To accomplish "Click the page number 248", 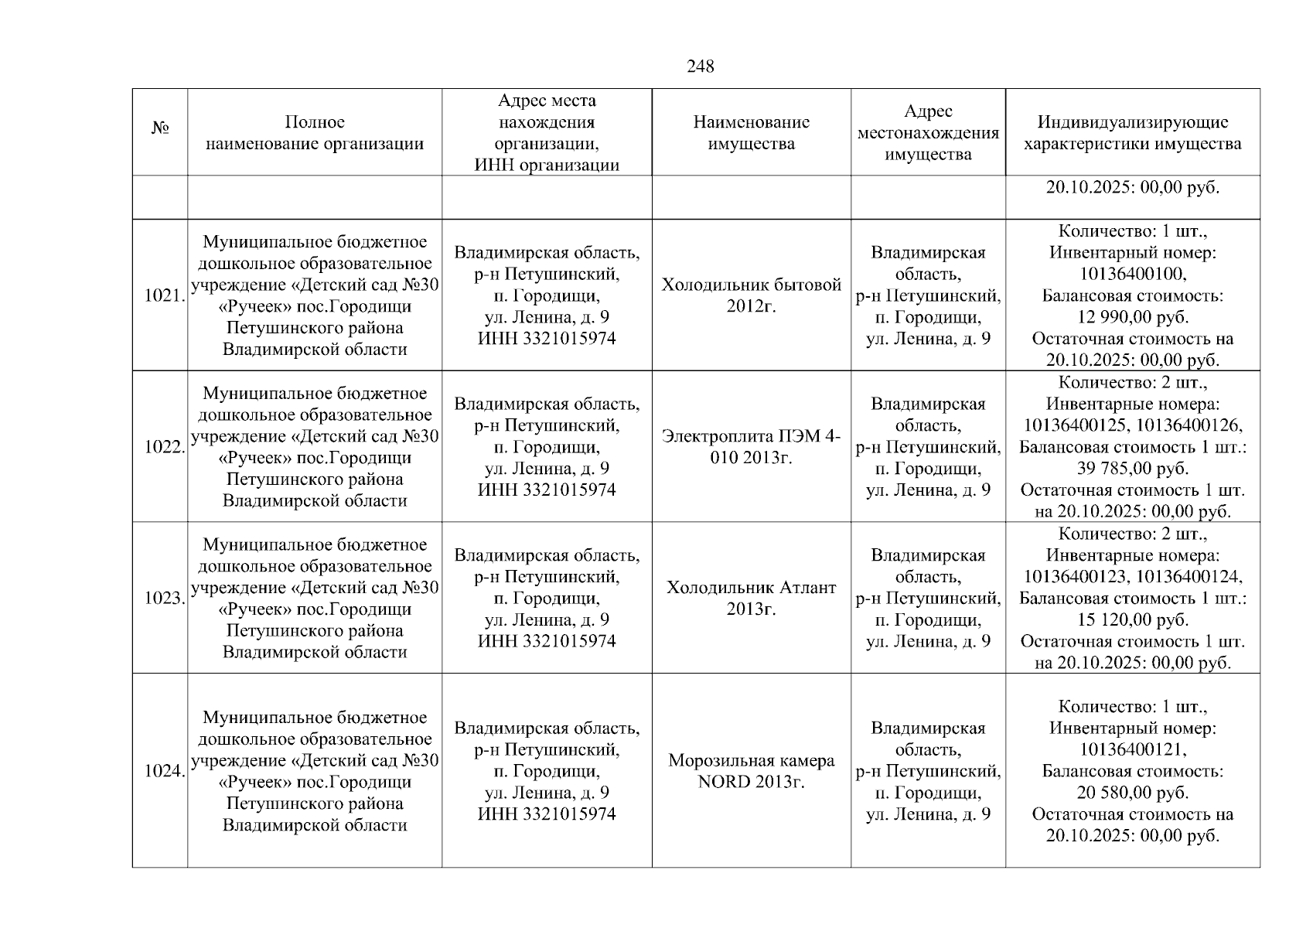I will (701, 67).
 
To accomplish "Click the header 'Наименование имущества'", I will (751, 133).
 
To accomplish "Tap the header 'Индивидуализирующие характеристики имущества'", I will (1132, 133).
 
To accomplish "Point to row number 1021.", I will (164, 295).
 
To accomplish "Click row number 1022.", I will (164, 447).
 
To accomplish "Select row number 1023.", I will (164, 598).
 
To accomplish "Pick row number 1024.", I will (164, 771).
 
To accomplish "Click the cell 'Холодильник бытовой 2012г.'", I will (751, 295).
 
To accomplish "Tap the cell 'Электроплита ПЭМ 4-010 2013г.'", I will (751, 447).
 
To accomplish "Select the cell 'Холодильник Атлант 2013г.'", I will (751, 598).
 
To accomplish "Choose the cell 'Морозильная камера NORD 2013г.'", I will (751, 771).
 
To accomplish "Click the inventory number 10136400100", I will (1132, 275).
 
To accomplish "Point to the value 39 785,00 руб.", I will (1132, 469).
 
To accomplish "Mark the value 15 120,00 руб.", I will (1132, 620).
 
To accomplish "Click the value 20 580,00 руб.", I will (1132, 793).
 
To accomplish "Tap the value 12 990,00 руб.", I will (1132, 317).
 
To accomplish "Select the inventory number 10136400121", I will (1132, 749).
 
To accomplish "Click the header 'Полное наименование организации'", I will (315, 133).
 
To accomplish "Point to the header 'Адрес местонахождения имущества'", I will (928, 133).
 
